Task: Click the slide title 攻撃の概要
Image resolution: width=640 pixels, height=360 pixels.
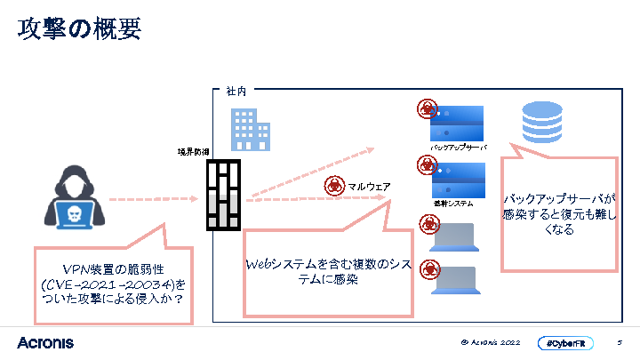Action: point(78,29)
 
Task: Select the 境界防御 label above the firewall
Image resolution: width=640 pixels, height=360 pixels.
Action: point(194,152)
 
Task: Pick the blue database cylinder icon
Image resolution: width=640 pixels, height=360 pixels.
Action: point(542,123)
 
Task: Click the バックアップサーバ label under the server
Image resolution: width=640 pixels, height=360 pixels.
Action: point(458,148)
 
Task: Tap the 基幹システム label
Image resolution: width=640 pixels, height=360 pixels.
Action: point(453,204)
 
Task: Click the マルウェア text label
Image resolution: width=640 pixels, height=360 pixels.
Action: point(369,186)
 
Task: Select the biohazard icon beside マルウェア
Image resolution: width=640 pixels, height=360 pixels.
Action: point(334,186)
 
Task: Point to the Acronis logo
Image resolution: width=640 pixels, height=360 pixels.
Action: point(45,342)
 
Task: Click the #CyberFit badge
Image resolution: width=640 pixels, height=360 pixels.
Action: point(566,343)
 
